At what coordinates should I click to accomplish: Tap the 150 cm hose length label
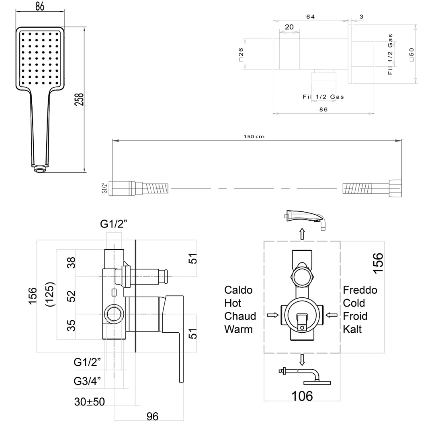[254, 137]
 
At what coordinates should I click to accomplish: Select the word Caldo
[238, 290]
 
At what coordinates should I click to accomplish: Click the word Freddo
[360, 290]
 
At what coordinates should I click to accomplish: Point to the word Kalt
[352, 330]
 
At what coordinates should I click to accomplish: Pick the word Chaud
[240, 316]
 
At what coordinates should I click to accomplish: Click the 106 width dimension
[302, 396]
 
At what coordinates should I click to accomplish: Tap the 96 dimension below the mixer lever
[152, 416]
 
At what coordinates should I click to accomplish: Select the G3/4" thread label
[87, 381]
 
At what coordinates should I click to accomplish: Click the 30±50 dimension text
[89, 401]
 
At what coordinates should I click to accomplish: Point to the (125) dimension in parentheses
[50, 294]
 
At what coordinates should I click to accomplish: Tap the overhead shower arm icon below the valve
[305, 376]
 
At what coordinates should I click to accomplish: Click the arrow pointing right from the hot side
[272, 315]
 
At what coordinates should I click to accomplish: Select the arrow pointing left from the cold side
[331, 315]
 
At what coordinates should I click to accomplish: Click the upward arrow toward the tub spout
[302, 234]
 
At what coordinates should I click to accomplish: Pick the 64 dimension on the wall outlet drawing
[310, 17]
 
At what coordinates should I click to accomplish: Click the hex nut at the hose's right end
[395, 188]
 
